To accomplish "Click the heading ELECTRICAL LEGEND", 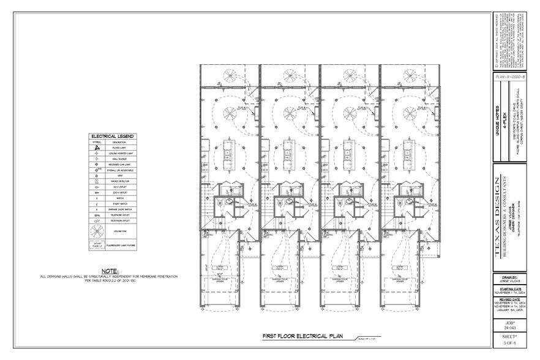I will point(111,136).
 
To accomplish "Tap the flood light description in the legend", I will point(119,148).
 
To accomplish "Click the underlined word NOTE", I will point(110,270).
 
